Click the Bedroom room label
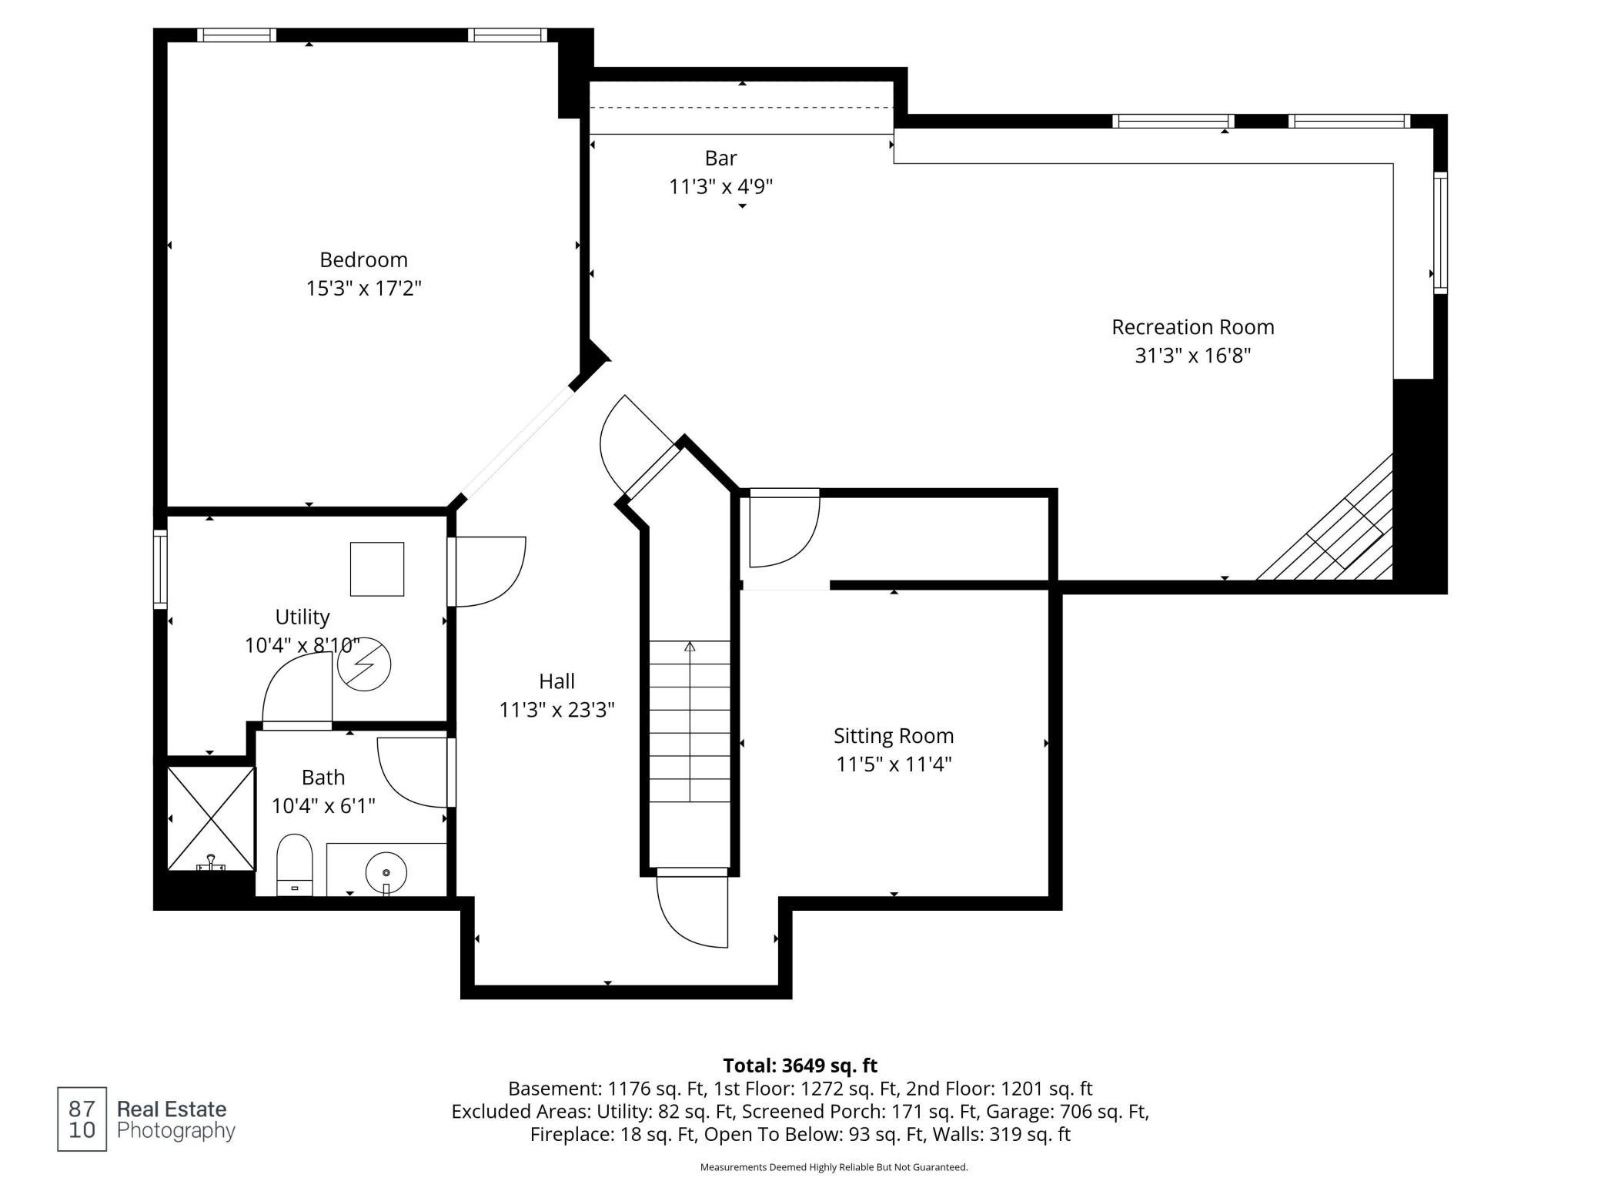click(x=363, y=259)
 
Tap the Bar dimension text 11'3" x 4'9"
click(x=720, y=186)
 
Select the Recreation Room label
click(x=1192, y=327)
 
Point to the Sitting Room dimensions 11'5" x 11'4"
click(x=894, y=764)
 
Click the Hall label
click(x=557, y=681)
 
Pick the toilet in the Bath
click(x=295, y=865)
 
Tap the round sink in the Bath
click(x=386, y=873)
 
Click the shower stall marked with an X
click(x=211, y=819)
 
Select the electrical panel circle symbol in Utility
click(x=364, y=664)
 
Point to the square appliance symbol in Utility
click(x=377, y=569)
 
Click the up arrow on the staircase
click(x=690, y=647)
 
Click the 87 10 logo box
click(x=82, y=1119)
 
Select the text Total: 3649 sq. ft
click(x=800, y=1066)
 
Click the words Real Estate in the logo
click(x=172, y=1109)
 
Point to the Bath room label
click(x=323, y=778)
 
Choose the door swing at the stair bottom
click(x=691, y=912)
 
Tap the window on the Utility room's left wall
click(x=160, y=570)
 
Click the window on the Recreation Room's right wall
click(x=1440, y=233)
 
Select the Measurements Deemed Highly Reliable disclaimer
click(x=834, y=1167)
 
